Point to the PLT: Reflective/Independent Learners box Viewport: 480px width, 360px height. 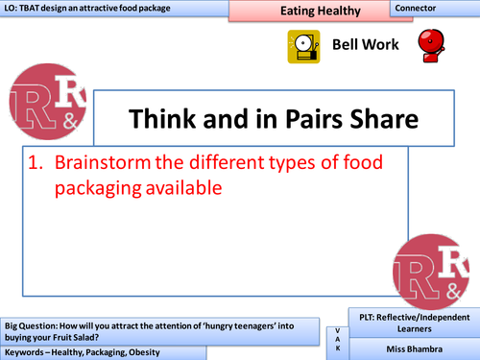pos(413,324)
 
